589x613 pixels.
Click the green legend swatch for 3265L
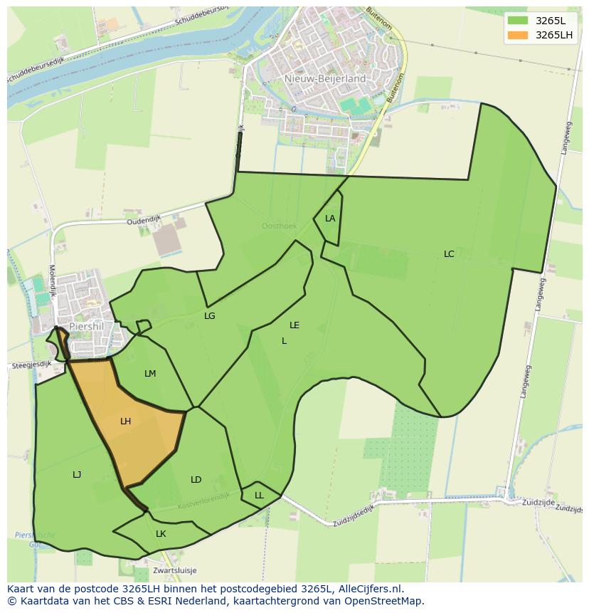[x=518, y=20]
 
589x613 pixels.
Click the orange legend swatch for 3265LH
[x=518, y=35]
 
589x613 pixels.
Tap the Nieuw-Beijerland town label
[x=324, y=79]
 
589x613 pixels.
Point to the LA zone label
[x=330, y=219]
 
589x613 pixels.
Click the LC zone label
[x=449, y=254]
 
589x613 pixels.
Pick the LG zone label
[x=210, y=316]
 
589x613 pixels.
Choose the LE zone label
[x=294, y=325]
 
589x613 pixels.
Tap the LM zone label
[x=150, y=374]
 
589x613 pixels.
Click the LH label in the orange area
[x=126, y=421]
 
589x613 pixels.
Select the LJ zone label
[x=77, y=475]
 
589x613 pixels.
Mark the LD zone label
[x=196, y=480]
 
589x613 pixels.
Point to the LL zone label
[x=259, y=496]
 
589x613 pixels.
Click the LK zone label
[x=161, y=534]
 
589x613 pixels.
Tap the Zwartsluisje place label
[x=174, y=570]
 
